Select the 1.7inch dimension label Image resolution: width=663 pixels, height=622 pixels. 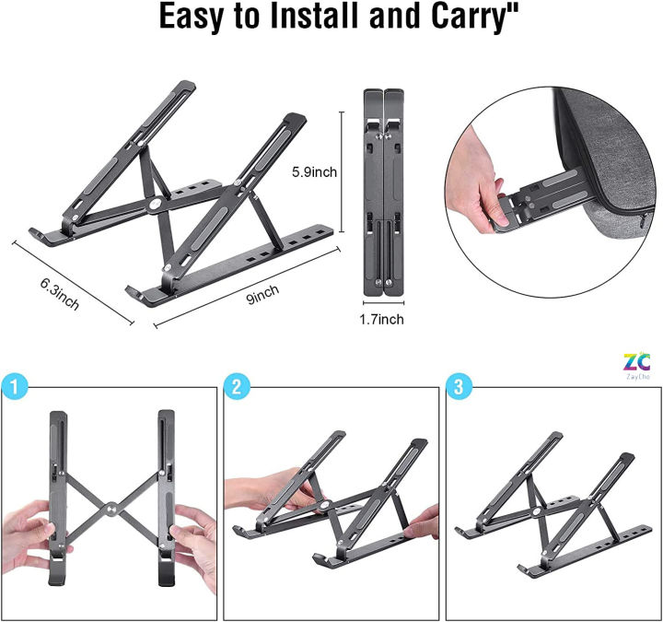[382, 319]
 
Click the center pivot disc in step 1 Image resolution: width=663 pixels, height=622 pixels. [110, 507]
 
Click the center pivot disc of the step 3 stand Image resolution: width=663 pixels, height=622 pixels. [534, 510]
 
